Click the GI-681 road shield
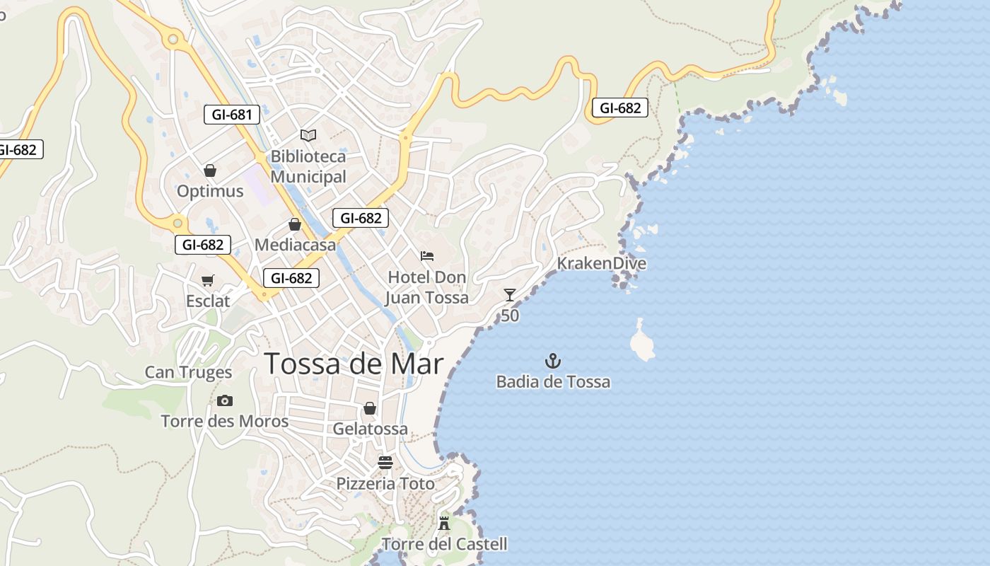[x=231, y=114]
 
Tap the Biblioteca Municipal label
[x=308, y=166]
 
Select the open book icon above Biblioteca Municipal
[x=308, y=134]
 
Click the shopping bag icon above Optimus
[x=209, y=171]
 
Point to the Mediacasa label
[x=295, y=246]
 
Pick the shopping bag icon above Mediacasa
[x=295, y=224]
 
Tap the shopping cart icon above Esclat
[x=208, y=280]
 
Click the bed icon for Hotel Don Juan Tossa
[x=426, y=255]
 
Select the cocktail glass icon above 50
[x=510, y=294]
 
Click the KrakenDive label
[x=601, y=263]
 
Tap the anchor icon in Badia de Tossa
[x=553, y=362]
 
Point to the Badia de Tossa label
[x=553, y=382]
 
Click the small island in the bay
[x=642, y=343]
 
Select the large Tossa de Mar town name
[x=354, y=364]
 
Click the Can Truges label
[x=188, y=372]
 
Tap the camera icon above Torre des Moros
[x=225, y=400]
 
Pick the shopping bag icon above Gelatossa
[x=370, y=408]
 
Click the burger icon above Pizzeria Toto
[x=385, y=463]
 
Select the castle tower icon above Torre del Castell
[x=444, y=524]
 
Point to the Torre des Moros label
[x=225, y=422]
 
